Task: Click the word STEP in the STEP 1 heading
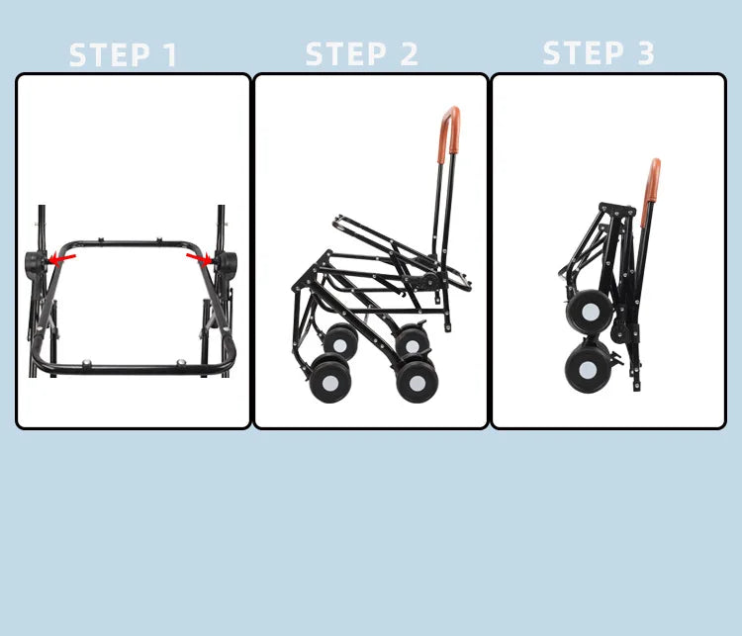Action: click(108, 55)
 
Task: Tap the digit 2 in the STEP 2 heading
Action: click(407, 54)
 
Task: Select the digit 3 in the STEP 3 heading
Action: click(645, 53)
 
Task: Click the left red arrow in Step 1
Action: click(62, 259)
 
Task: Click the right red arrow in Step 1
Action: click(199, 259)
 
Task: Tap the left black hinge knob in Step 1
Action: click(37, 264)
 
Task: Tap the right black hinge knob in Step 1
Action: click(226, 264)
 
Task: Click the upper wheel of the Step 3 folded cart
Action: click(589, 312)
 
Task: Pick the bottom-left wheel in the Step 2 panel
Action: click(327, 381)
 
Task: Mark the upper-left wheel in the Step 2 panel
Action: click(340, 341)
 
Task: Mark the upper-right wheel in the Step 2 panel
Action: click(412, 343)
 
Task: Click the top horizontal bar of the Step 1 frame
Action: click(134, 243)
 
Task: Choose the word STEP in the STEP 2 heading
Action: click(345, 54)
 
